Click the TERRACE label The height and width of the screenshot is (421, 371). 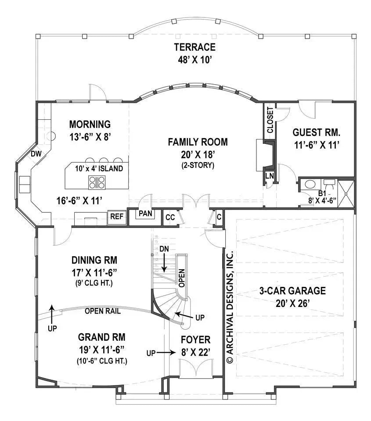(x=195, y=47)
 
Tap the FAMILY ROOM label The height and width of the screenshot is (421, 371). (x=198, y=142)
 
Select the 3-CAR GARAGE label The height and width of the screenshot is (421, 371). (x=292, y=290)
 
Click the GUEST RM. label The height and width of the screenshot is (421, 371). (x=317, y=132)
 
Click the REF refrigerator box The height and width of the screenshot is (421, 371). (x=116, y=217)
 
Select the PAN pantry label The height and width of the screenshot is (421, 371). (x=144, y=214)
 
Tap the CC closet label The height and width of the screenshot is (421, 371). (x=170, y=217)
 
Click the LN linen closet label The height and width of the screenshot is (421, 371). (x=269, y=176)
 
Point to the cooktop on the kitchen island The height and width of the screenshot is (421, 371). (x=97, y=182)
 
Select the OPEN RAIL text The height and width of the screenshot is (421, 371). (x=103, y=311)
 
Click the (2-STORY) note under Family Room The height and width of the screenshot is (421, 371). (x=198, y=165)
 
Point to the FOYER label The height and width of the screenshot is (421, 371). (x=196, y=339)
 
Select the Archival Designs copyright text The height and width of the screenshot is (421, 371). (x=230, y=307)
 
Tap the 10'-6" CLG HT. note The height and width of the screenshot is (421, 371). (x=102, y=361)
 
